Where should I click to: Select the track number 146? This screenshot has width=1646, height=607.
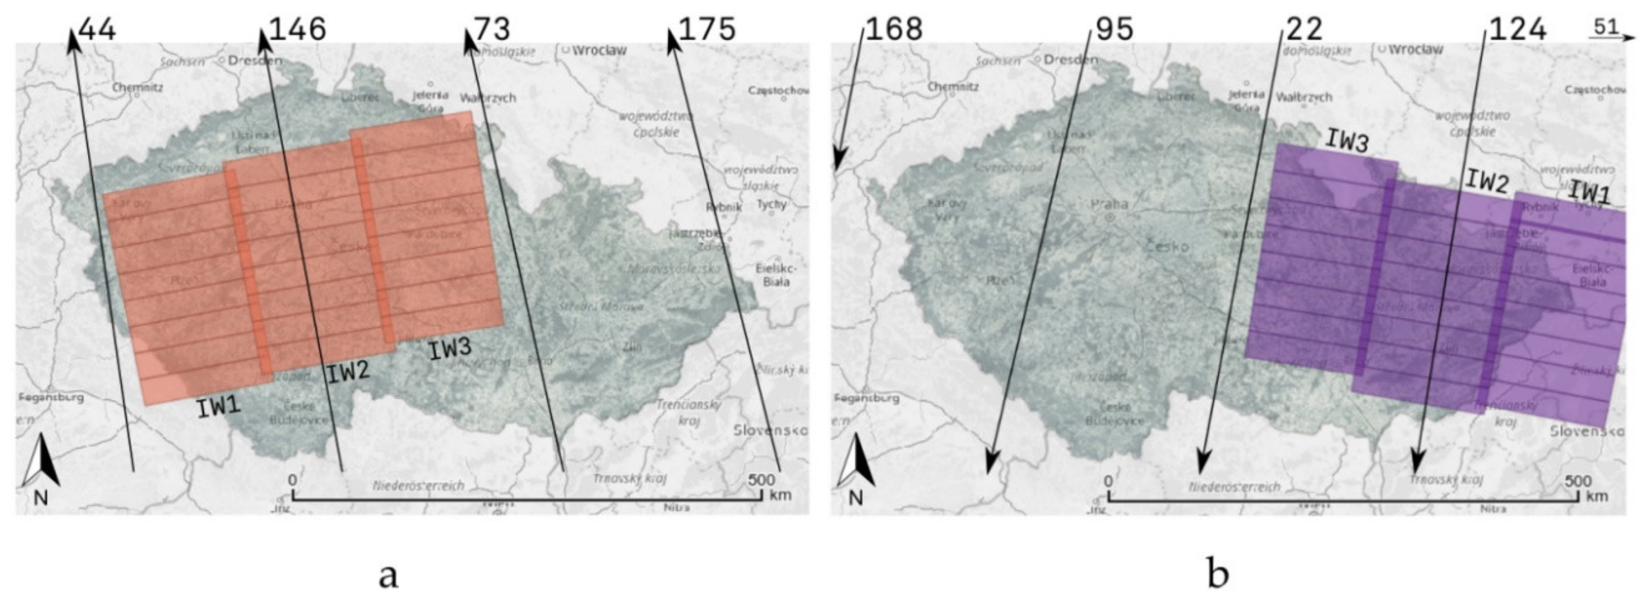click(298, 29)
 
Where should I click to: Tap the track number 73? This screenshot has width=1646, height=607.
click(492, 29)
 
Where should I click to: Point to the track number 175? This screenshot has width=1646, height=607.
click(707, 29)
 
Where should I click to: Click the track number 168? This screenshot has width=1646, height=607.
click(894, 29)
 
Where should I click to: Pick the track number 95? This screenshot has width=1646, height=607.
click(1114, 29)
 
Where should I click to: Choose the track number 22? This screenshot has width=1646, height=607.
click(1304, 29)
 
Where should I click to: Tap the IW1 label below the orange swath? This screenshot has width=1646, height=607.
click(218, 407)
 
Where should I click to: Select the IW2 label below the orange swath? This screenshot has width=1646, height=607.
click(348, 372)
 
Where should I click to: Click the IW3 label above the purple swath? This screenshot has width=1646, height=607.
click(1347, 141)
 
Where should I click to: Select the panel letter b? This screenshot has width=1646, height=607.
click(1218, 574)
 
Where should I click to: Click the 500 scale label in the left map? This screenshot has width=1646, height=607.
click(761, 479)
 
